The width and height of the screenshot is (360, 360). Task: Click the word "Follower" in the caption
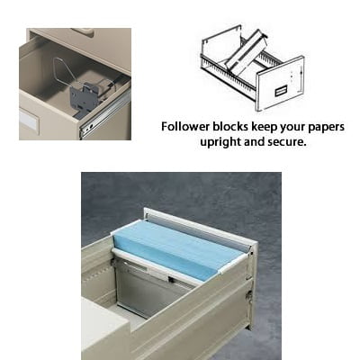[185, 127]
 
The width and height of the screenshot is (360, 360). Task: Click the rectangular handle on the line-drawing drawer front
[280, 91]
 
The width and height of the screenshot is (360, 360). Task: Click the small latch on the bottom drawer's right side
[248, 294]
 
